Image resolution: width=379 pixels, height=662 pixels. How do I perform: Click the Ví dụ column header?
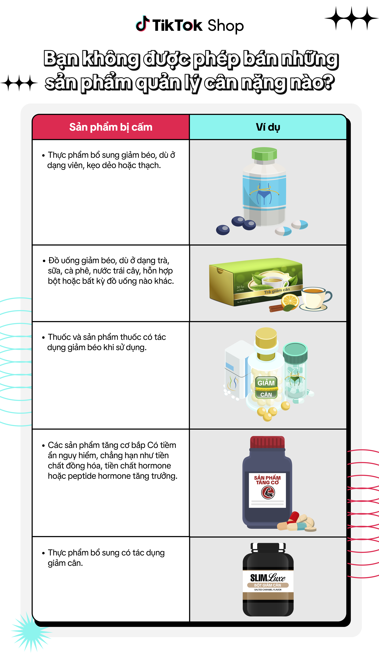pos(268,127)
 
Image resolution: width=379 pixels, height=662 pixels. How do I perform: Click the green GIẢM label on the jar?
pos(266,383)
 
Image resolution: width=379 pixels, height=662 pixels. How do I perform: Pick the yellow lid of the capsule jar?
pos(266,338)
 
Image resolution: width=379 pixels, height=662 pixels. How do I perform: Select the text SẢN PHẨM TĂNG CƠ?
pos(267,480)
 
